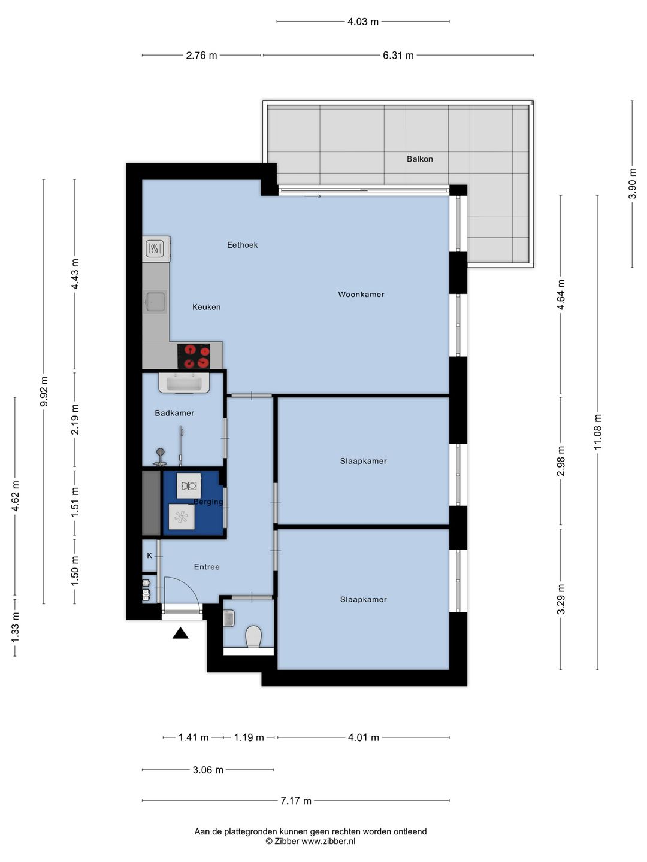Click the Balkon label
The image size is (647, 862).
pos(419,159)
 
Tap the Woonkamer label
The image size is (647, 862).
pos(361,294)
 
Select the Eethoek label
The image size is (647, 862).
pos(243,245)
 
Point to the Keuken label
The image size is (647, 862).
pos(206,307)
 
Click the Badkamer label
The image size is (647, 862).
pos(174,412)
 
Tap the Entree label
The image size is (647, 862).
pos(207,567)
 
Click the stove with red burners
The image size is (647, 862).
pos(194,356)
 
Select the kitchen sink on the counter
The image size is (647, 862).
pos(156,302)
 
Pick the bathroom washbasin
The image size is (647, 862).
pos(184,383)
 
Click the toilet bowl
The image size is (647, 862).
pos(253,636)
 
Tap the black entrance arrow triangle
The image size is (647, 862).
pos(180,633)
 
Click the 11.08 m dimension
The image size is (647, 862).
pos(597,432)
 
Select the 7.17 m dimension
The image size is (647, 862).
pos(296,800)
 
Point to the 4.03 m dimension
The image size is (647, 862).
pos(363,22)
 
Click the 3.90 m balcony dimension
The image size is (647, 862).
pos(632,183)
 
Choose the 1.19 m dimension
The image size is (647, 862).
pos(249,737)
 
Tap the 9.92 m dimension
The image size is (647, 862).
pos(44,391)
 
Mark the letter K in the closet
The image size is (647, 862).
pos(149,556)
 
